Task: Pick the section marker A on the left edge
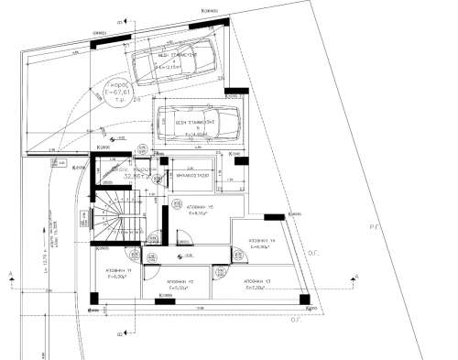click(x=7, y=275)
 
